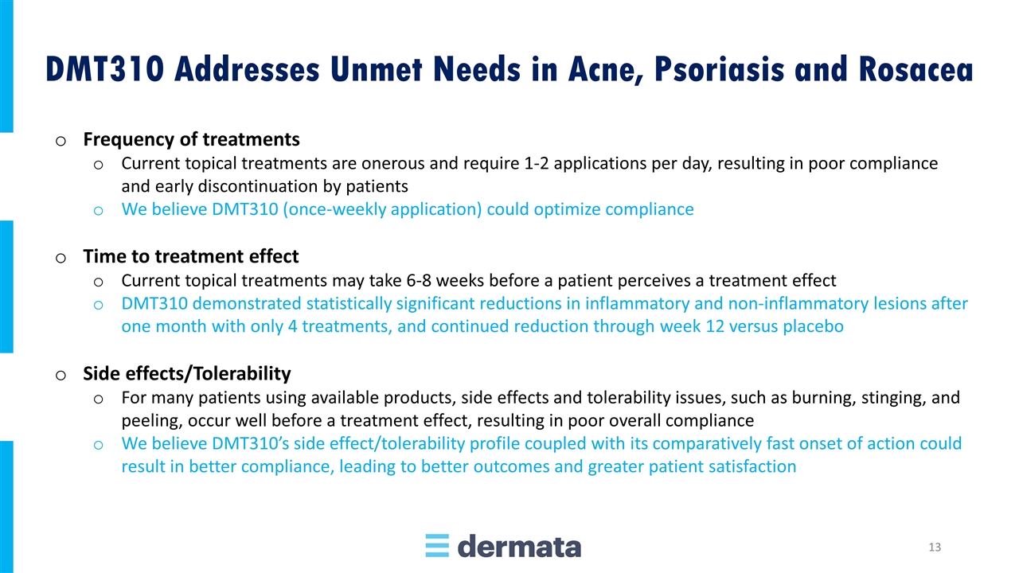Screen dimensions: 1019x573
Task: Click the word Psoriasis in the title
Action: (720, 69)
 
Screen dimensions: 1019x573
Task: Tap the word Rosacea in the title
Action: (916, 69)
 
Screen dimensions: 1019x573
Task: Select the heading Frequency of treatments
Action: (191, 139)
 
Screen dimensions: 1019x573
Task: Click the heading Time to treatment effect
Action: (190, 256)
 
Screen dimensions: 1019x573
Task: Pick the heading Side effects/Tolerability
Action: (186, 374)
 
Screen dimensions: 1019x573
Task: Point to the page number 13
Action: (935, 547)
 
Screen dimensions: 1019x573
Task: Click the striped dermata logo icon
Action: (437, 545)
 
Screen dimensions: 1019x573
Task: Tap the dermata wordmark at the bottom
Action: (519, 546)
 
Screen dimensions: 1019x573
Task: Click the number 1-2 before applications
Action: (536, 163)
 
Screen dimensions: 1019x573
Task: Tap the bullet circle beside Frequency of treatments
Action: (61, 141)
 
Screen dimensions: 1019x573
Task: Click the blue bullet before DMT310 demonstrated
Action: (98, 305)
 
